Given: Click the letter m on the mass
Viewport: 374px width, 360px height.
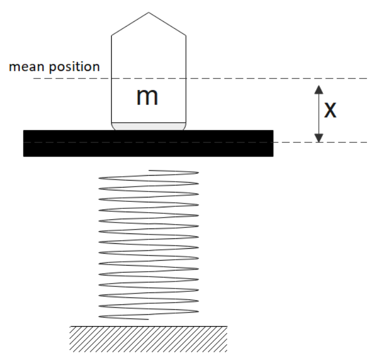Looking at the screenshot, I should pos(147,97).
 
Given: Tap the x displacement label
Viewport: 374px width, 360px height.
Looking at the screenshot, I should pos(330,110).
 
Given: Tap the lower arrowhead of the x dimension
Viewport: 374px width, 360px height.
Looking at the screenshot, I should pos(319,137).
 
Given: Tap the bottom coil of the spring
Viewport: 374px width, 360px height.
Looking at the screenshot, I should pos(125,317).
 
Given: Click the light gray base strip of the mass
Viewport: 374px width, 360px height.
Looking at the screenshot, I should pos(148,126).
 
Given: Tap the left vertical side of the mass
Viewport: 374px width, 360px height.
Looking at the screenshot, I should pos(111,82).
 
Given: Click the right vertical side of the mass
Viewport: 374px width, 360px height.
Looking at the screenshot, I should pos(186,82).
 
